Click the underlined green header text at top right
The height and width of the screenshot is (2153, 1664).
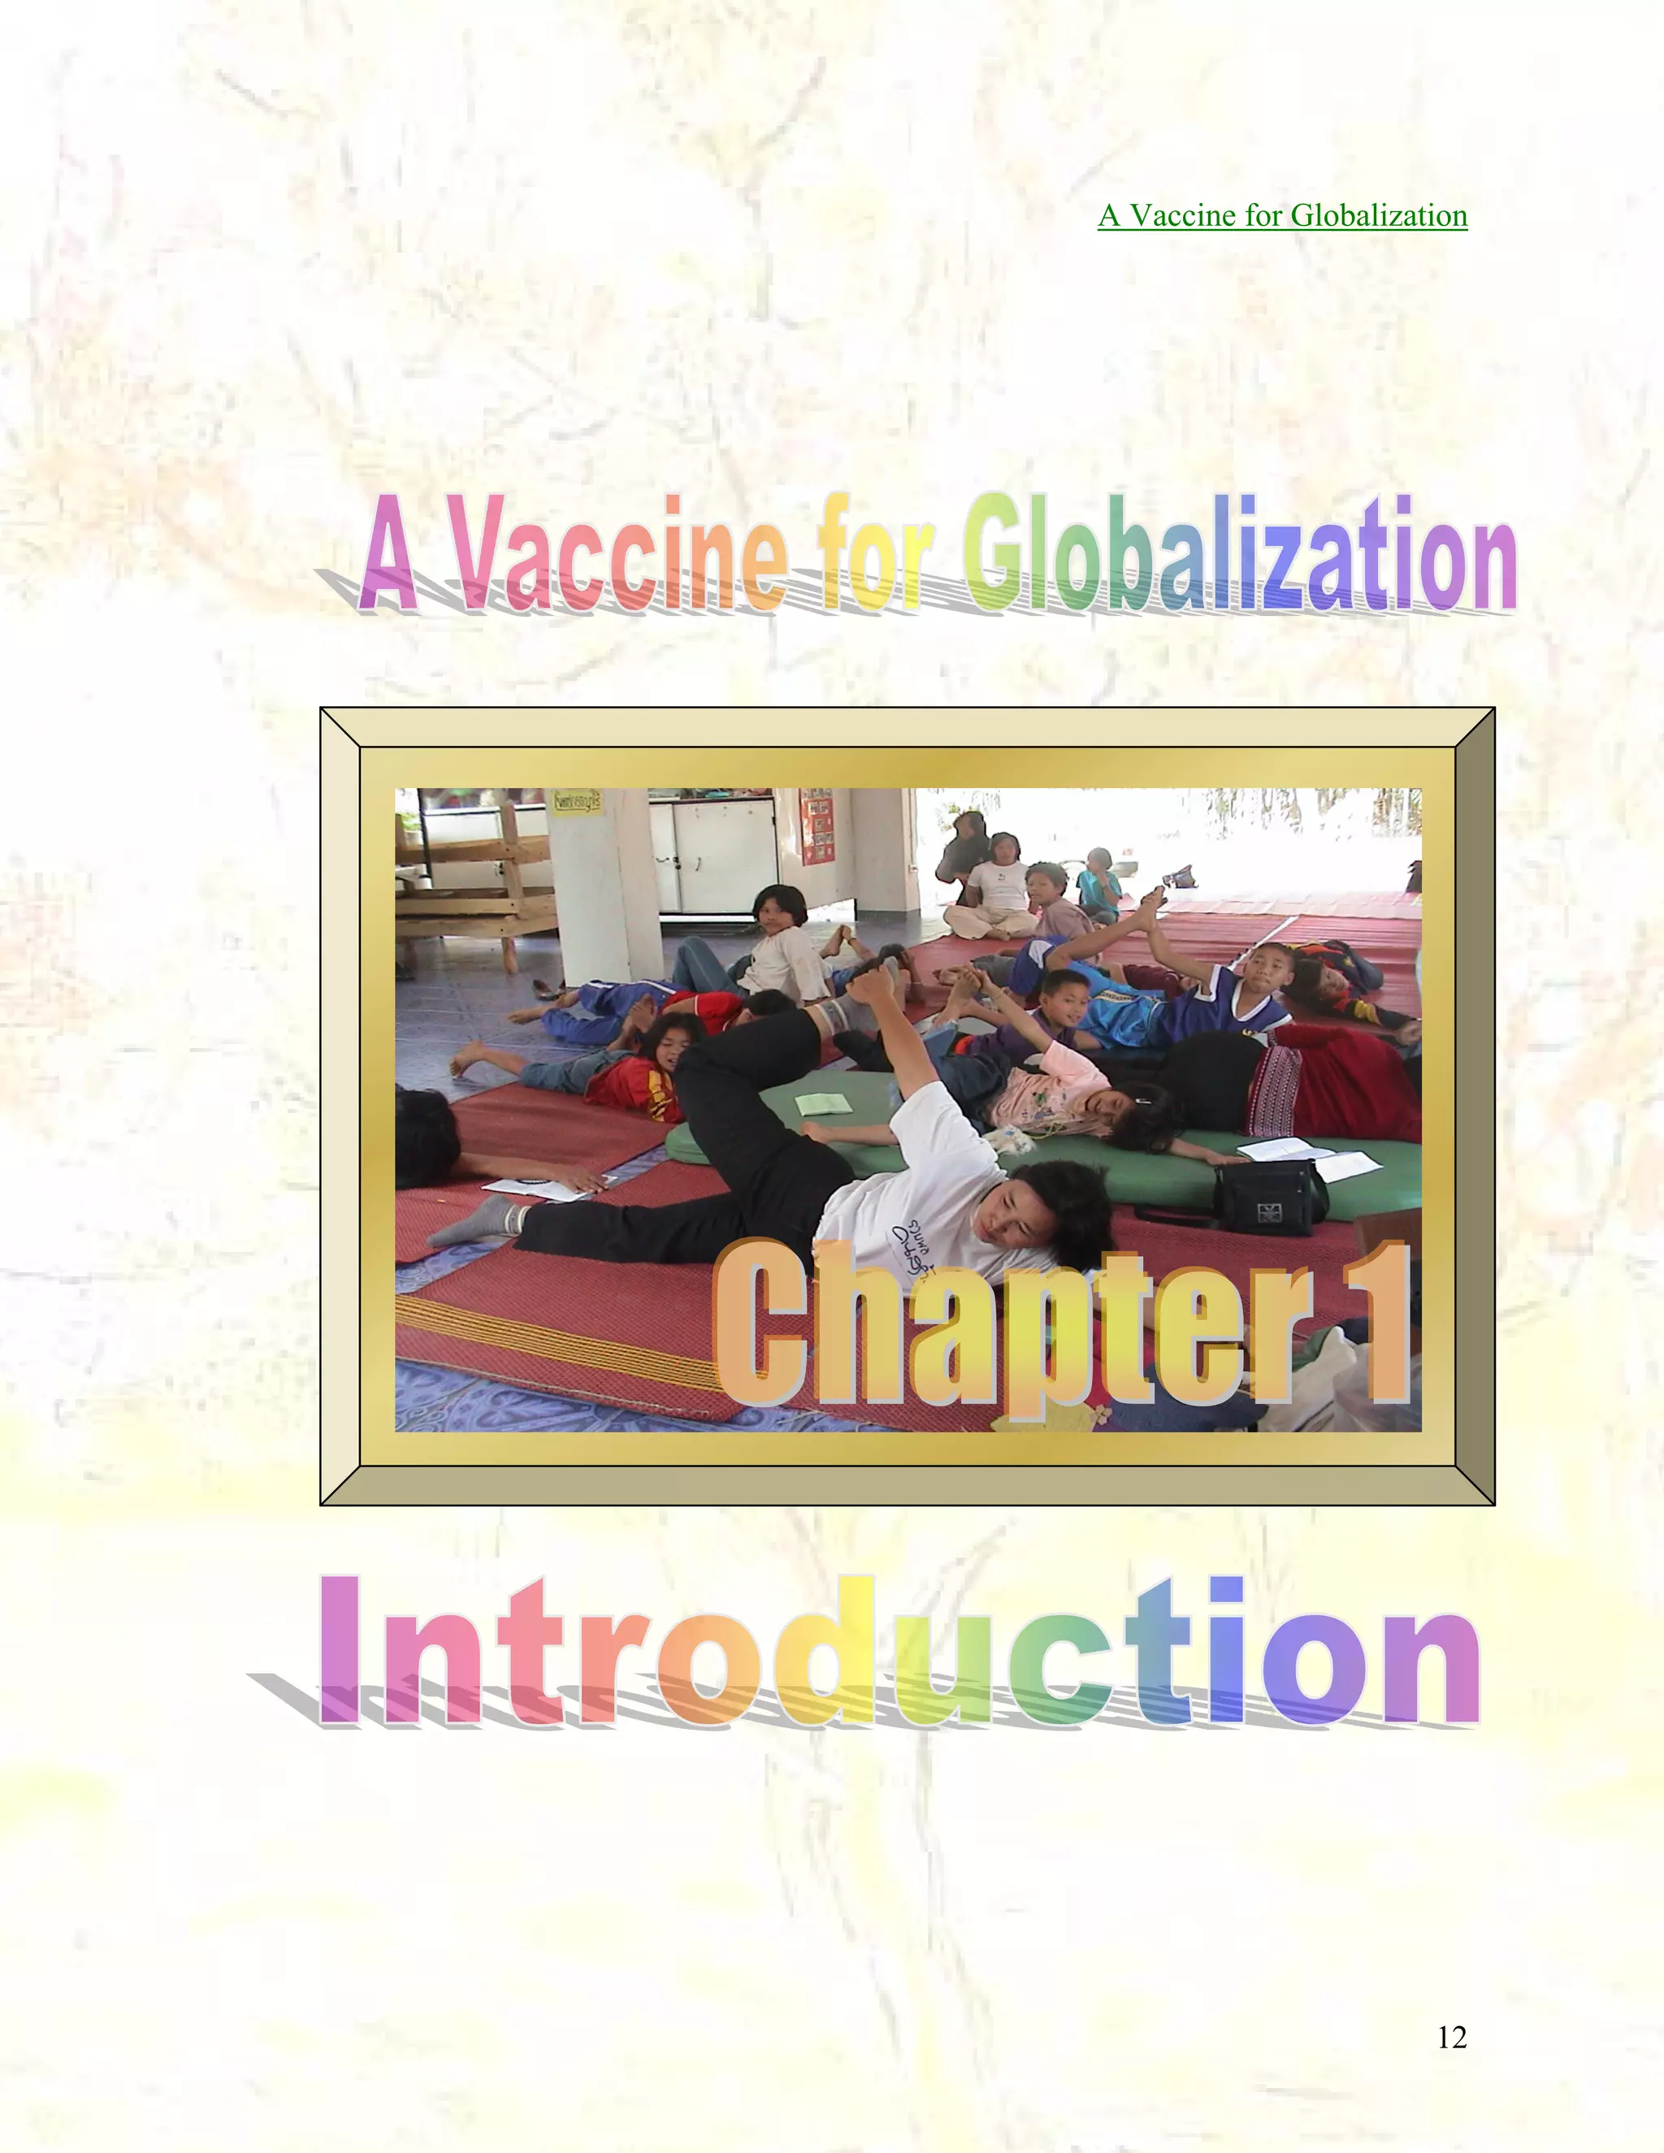pos(1282,215)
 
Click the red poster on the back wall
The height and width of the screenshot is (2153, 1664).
pos(817,825)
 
